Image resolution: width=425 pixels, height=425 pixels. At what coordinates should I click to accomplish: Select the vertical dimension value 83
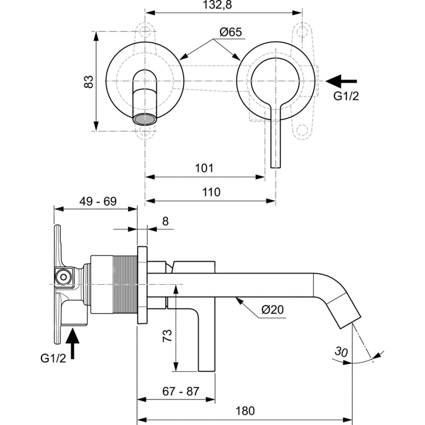(x=88, y=81)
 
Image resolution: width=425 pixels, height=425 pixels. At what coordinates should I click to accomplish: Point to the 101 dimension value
(x=204, y=168)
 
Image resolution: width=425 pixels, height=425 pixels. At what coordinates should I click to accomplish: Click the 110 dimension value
(x=211, y=192)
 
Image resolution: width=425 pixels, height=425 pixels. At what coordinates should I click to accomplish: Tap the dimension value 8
(x=165, y=221)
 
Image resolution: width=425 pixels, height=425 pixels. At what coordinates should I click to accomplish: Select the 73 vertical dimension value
(x=167, y=337)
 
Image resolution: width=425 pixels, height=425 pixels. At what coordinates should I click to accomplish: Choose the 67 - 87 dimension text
(x=181, y=391)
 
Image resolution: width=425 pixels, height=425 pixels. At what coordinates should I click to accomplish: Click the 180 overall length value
(x=245, y=411)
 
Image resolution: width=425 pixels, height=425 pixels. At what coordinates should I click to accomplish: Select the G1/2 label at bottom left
(x=53, y=359)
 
